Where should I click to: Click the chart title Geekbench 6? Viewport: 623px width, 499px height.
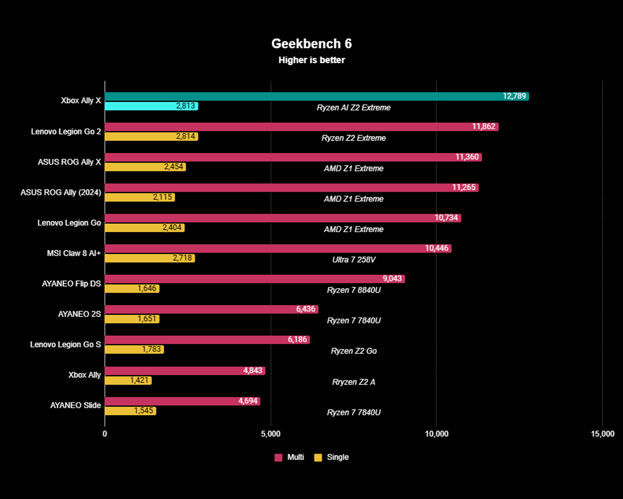pos(311,44)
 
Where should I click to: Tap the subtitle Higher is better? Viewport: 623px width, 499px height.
pos(311,60)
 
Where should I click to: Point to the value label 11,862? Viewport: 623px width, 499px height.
pos(483,126)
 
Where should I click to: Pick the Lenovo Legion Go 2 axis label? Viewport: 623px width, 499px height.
pos(66,132)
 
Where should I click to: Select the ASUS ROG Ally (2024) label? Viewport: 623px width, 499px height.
pos(61,193)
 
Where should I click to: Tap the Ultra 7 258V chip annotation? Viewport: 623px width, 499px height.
pos(353,260)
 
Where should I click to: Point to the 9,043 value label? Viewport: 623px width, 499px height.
pos(392,278)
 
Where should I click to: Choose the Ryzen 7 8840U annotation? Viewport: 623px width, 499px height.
pos(353,290)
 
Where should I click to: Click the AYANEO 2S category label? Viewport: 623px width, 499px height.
pos(79,314)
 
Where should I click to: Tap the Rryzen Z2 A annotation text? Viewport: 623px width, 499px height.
pos(353,382)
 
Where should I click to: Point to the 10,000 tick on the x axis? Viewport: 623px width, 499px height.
pos(436,434)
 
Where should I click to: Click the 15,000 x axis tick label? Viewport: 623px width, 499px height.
pos(602,434)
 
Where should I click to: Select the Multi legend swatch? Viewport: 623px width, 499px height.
pos(278,457)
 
